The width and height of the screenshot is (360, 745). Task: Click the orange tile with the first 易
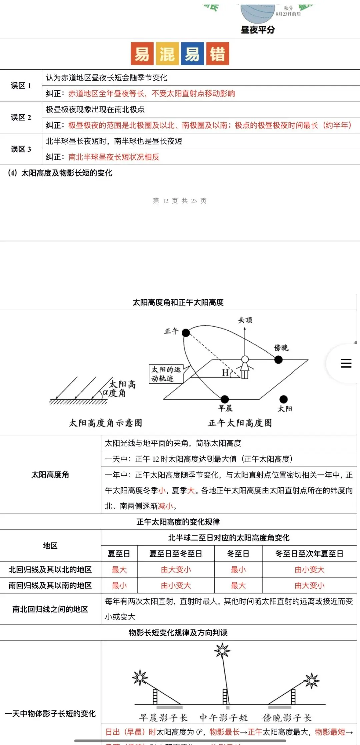tap(142, 54)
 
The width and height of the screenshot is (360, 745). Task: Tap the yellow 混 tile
tap(167, 54)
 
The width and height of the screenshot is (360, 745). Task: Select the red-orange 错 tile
tap(218, 54)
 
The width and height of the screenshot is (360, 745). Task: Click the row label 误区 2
tap(21, 117)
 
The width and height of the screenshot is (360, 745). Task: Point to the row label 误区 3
tap(21, 149)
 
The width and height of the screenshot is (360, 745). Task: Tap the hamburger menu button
tap(346, 363)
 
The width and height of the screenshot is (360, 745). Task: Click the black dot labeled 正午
tap(186, 332)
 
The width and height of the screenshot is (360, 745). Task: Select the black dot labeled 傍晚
tap(278, 360)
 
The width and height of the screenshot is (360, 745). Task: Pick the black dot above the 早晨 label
tap(225, 399)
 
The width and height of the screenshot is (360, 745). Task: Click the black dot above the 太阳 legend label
tap(283, 399)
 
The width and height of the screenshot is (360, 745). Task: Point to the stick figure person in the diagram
tap(245, 367)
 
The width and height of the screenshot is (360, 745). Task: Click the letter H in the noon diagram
tap(225, 372)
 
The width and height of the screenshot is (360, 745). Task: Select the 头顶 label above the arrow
tap(245, 320)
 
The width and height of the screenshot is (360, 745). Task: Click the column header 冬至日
tap(238, 554)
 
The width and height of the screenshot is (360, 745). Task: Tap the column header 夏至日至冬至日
tap(176, 554)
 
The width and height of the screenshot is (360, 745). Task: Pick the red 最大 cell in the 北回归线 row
tap(119, 570)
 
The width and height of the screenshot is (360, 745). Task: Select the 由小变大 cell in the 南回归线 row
tap(176, 585)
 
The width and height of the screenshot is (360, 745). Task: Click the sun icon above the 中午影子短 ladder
tap(222, 651)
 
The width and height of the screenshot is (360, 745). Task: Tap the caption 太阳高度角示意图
tap(106, 423)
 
